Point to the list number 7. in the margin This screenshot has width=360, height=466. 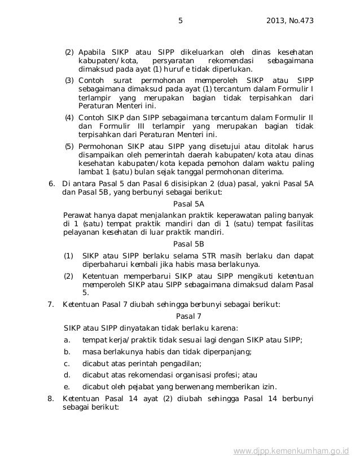(51, 305)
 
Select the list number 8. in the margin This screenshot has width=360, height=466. (51, 399)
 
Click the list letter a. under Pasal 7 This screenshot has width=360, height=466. (67, 339)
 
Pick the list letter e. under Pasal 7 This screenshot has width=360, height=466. (67, 386)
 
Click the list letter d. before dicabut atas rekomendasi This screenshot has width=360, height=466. (67, 375)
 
